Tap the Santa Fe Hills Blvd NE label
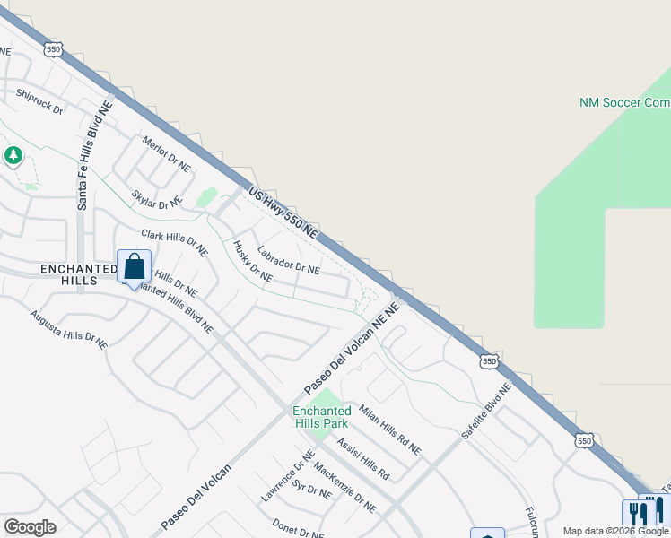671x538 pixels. (x=93, y=155)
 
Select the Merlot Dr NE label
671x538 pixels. (x=167, y=153)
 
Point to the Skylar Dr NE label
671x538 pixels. (x=157, y=199)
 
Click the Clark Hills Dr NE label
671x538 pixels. (x=174, y=243)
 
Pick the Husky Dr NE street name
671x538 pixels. (x=252, y=261)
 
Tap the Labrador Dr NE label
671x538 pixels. (x=288, y=260)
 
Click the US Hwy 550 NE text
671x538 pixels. (x=283, y=212)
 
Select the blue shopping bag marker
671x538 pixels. (x=134, y=266)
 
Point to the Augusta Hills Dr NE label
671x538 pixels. (x=68, y=329)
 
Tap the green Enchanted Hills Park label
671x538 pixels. (x=320, y=417)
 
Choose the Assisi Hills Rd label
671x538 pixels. (x=363, y=458)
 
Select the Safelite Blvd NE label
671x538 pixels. (x=485, y=412)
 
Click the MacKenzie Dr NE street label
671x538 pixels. (x=345, y=489)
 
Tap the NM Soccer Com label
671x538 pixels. (x=624, y=103)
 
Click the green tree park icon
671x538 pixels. (x=13, y=156)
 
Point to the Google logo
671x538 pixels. (x=30, y=527)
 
